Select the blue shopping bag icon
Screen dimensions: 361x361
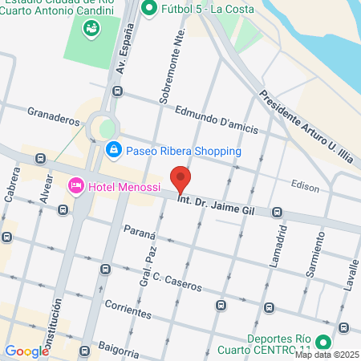114,150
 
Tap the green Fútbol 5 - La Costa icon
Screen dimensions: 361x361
148,9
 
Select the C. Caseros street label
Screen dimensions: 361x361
167,282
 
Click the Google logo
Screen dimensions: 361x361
26,351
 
